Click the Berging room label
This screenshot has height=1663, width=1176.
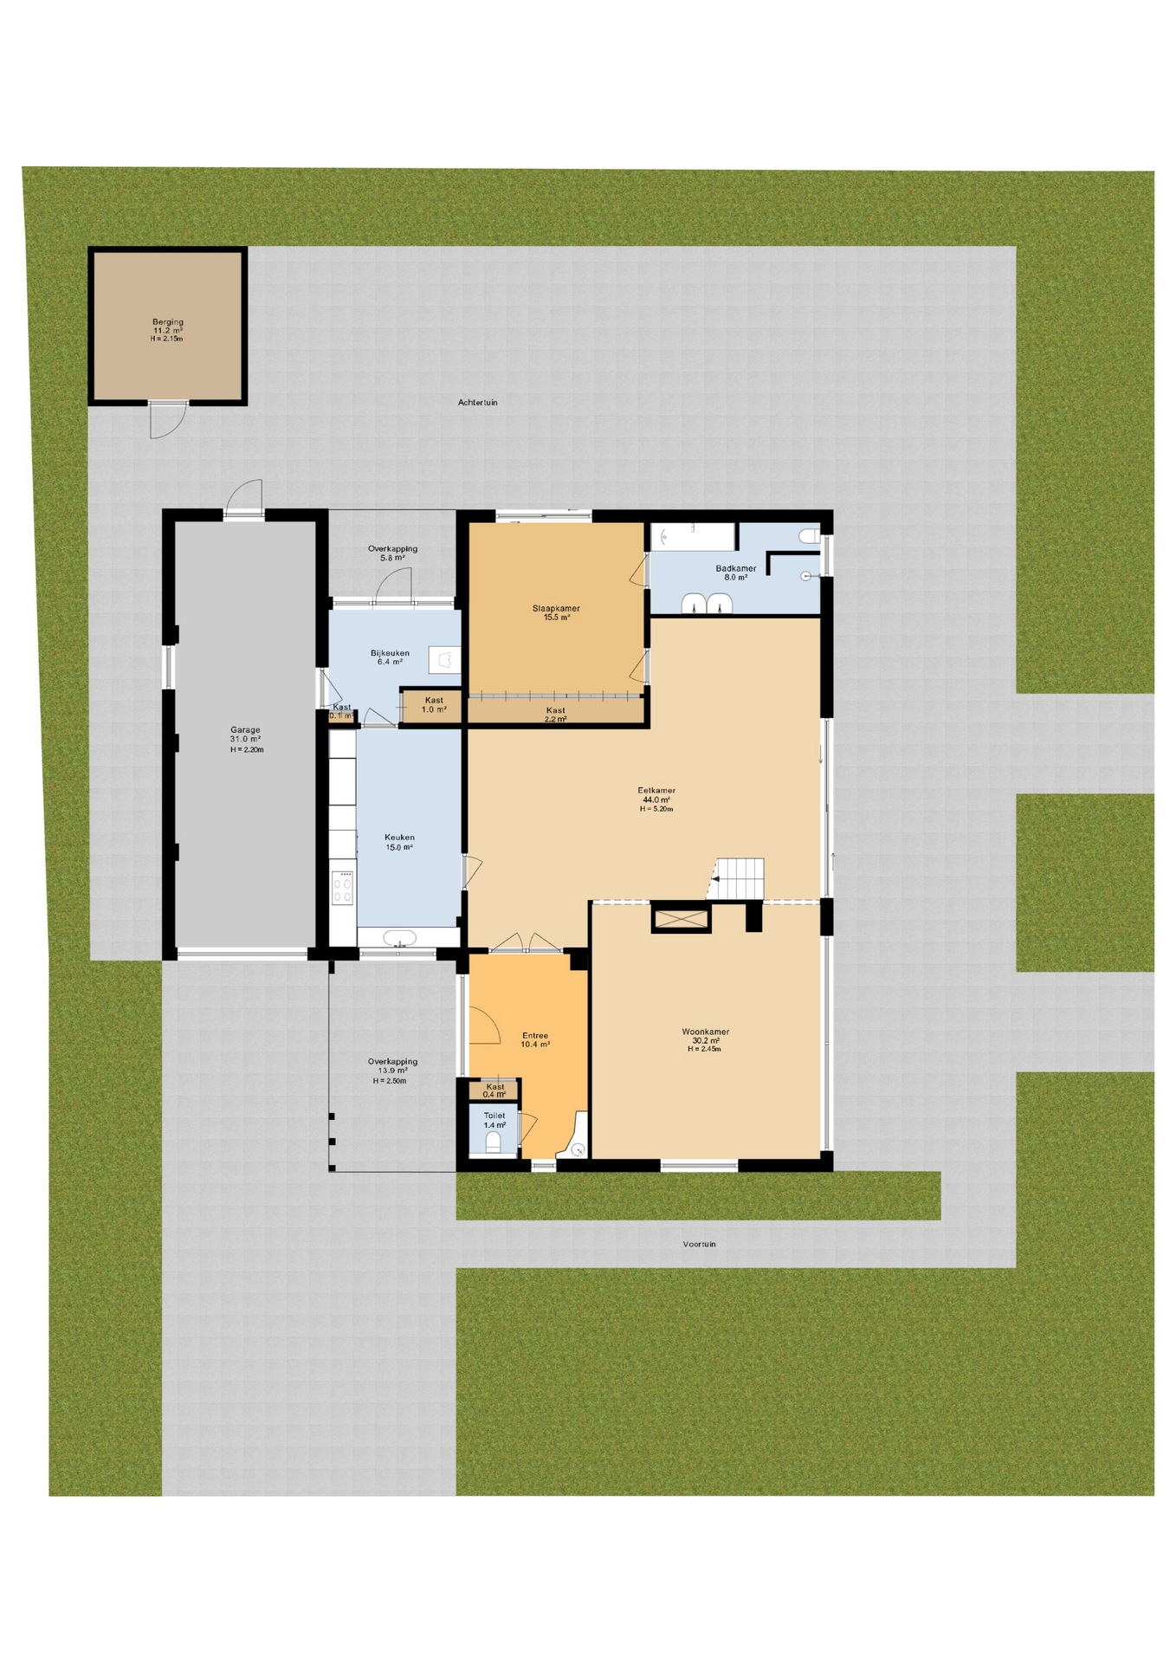tap(168, 322)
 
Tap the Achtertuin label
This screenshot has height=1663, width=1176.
tap(477, 403)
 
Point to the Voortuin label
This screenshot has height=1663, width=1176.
tap(699, 1244)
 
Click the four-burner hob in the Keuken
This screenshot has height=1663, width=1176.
tap(343, 888)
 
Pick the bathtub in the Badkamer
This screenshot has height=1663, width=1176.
tap(692, 536)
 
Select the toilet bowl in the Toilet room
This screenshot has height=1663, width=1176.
tap(493, 1143)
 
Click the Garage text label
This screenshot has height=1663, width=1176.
tap(245, 730)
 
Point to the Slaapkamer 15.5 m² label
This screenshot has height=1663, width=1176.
tap(556, 612)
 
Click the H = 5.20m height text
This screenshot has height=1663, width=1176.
tap(656, 809)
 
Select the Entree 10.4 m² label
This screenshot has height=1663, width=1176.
tap(535, 1039)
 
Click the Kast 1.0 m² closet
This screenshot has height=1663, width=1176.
tap(433, 706)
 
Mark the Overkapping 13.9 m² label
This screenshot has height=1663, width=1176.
tap(392, 1066)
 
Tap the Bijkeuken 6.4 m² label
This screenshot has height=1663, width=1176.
tap(390, 657)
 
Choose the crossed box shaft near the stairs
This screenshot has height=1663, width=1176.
tap(681, 918)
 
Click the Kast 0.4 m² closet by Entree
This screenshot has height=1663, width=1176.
tap(494, 1090)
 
